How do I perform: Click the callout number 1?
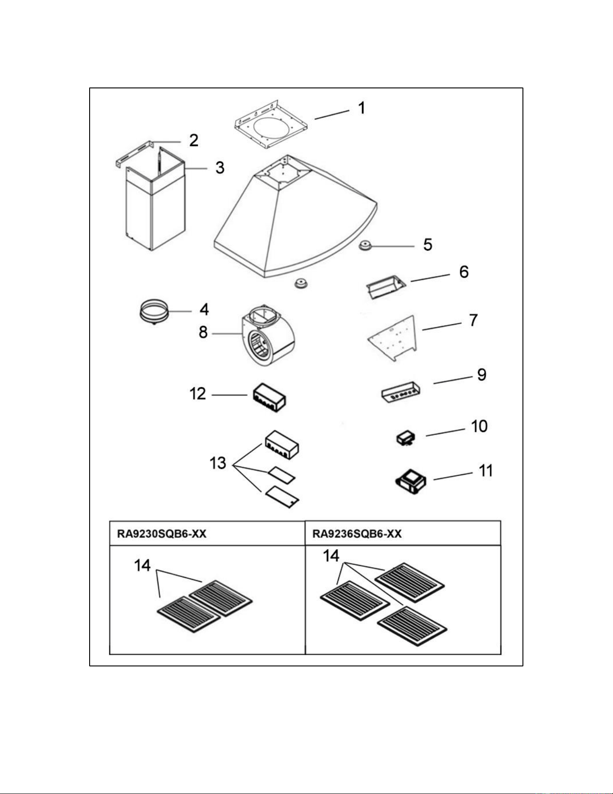(x=361, y=108)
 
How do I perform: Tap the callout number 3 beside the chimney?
(x=220, y=168)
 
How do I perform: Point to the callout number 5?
(x=427, y=245)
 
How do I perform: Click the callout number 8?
(x=203, y=332)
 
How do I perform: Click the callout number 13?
(x=218, y=463)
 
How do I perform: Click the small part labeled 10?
(x=406, y=438)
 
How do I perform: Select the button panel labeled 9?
(x=401, y=391)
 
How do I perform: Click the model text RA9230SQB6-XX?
(x=162, y=534)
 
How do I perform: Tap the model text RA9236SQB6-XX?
(x=357, y=534)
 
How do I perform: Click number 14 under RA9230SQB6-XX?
(x=142, y=565)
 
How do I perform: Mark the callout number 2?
(x=194, y=140)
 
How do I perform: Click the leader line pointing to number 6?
(x=430, y=277)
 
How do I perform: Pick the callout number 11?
(x=486, y=471)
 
